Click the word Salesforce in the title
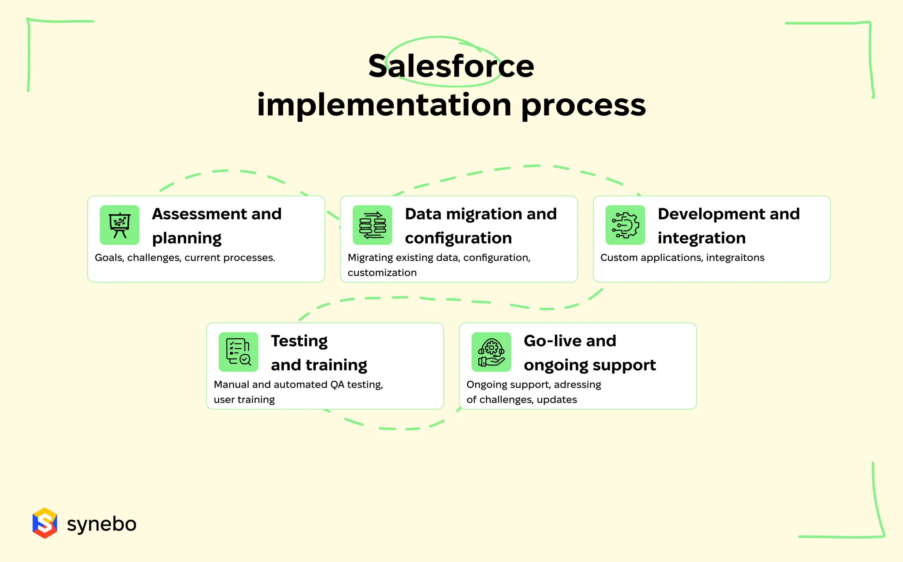451,66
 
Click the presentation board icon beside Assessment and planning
120,225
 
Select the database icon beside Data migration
372,225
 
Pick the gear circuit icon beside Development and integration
625,225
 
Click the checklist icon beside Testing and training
238,352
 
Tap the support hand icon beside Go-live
491,352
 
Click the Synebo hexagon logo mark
45,523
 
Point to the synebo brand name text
102,524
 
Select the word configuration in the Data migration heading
458,238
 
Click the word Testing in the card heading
299,341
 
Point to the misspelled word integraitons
735,258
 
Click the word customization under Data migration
382,273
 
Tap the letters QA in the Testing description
337,385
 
